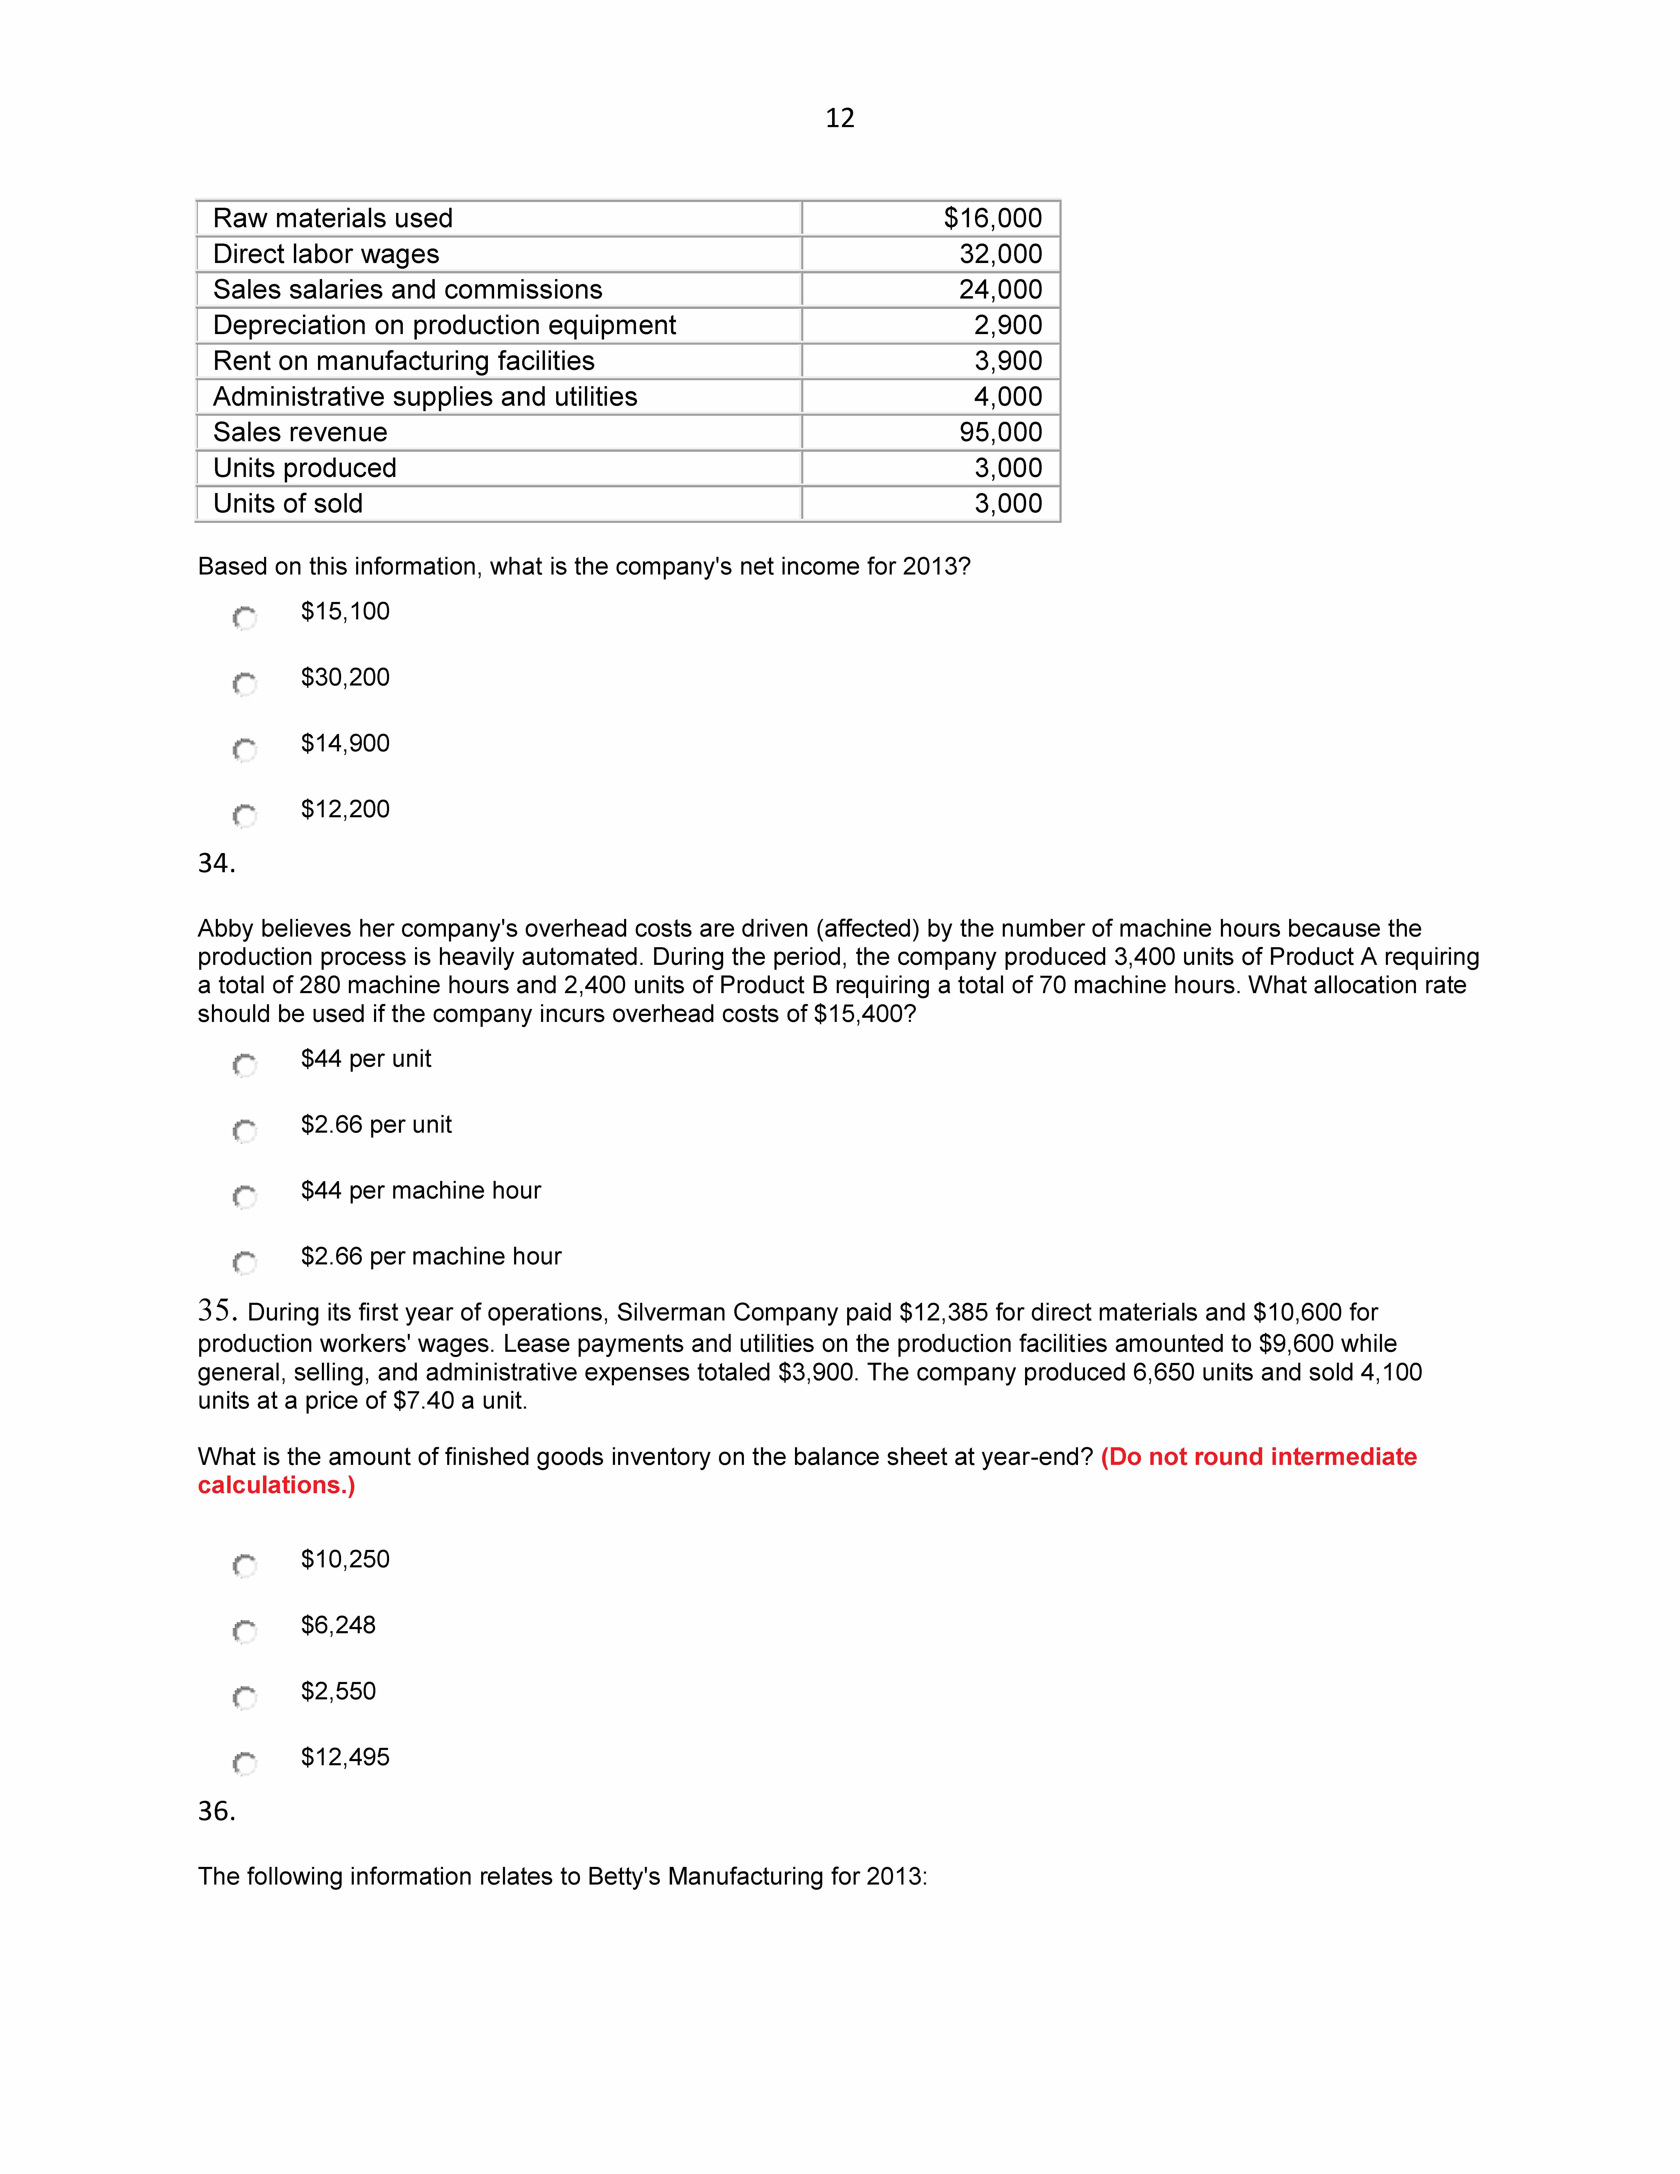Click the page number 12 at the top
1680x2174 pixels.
pos(839,119)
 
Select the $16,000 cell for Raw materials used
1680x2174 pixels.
pos(992,218)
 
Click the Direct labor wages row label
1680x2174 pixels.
pos(326,254)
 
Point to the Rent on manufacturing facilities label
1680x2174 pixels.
pos(403,360)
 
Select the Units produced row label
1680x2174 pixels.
pos(305,468)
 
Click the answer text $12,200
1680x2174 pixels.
pos(345,809)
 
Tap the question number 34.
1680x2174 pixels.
pos(216,863)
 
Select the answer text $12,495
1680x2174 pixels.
pos(345,1757)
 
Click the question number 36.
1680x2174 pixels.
pos(216,1811)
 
